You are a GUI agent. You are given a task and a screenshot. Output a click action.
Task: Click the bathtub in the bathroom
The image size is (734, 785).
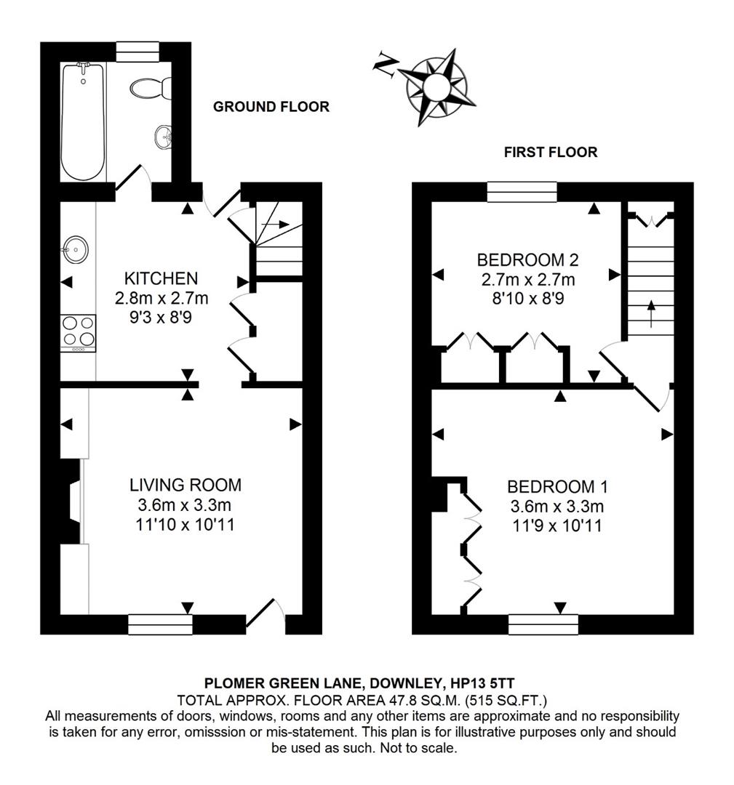pyautogui.click(x=83, y=121)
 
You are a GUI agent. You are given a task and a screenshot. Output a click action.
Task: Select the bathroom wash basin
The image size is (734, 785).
pyautogui.click(x=163, y=136)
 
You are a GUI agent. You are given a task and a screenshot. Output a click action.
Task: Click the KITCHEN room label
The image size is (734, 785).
pyautogui.click(x=161, y=278)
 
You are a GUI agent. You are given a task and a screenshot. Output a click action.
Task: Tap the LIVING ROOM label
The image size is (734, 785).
pyautogui.click(x=185, y=485)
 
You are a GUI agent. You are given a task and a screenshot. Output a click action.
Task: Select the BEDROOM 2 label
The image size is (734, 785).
pyautogui.click(x=528, y=259)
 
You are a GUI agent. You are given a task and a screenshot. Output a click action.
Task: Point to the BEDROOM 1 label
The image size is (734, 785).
pyautogui.click(x=557, y=486)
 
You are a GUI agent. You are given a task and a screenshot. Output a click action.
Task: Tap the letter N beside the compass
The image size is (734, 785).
pyautogui.click(x=383, y=65)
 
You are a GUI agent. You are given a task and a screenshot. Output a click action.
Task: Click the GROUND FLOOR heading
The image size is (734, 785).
pyautogui.click(x=271, y=107)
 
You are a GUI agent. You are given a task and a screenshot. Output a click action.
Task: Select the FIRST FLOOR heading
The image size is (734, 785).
pyautogui.click(x=550, y=152)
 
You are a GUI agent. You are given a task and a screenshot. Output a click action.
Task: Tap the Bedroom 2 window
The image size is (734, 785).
pyautogui.click(x=522, y=192)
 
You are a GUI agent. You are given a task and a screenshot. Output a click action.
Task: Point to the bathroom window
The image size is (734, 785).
pyautogui.click(x=137, y=52)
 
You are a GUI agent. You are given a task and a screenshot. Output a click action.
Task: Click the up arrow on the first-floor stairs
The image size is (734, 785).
pyautogui.click(x=651, y=308)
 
